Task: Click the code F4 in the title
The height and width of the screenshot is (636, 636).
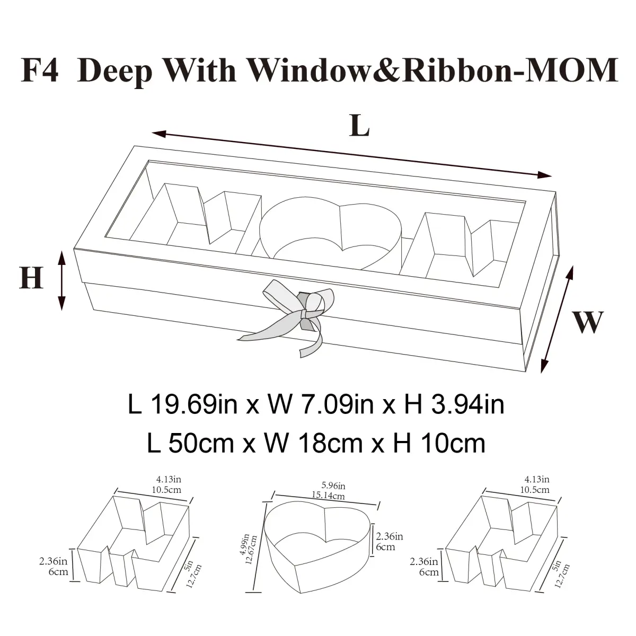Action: coord(40,70)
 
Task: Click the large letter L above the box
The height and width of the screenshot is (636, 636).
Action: coord(359,126)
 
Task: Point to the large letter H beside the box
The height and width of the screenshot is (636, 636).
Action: coord(31,278)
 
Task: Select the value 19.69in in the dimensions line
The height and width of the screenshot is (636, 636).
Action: coord(193,404)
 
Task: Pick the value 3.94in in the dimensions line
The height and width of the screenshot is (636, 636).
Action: coord(468,404)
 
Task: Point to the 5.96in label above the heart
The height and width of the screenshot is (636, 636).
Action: coord(333,486)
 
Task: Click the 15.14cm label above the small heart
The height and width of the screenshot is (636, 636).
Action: coord(328,496)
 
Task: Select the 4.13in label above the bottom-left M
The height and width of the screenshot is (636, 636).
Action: coord(169,479)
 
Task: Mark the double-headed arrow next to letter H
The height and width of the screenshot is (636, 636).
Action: coord(61,280)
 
